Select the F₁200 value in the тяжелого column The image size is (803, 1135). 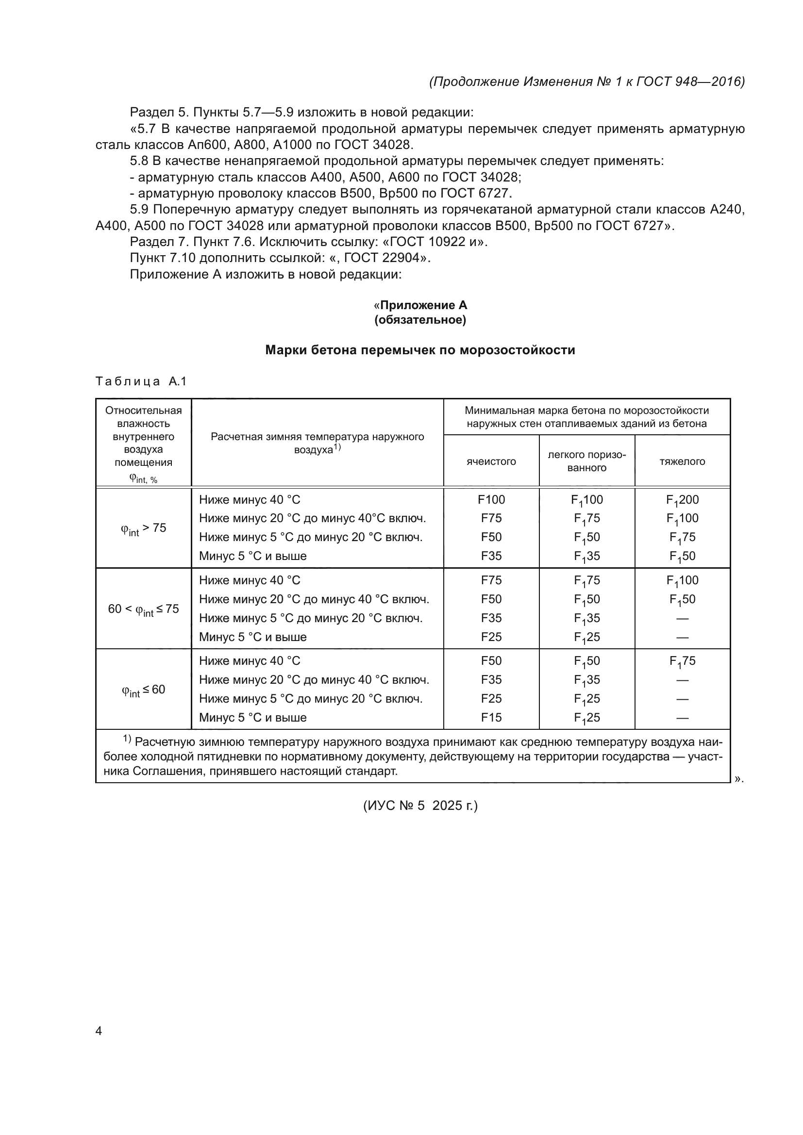(x=682, y=500)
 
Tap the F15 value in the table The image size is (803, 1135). (x=491, y=717)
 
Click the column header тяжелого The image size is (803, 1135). (x=682, y=461)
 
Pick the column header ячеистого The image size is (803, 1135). (x=491, y=461)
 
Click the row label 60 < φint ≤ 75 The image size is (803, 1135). (x=143, y=609)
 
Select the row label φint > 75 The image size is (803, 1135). (x=143, y=528)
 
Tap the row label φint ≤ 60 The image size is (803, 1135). (x=143, y=690)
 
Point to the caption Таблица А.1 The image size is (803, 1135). (x=141, y=381)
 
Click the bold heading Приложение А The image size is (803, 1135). (x=423, y=305)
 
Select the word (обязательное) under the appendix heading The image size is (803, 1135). (x=420, y=320)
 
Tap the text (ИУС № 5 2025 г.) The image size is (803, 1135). (x=420, y=806)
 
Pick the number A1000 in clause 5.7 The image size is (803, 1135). (x=294, y=145)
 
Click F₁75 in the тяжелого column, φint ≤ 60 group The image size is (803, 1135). (x=682, y=661)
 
